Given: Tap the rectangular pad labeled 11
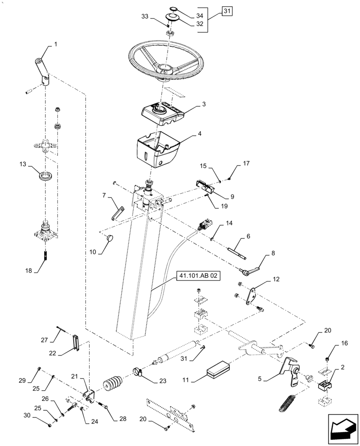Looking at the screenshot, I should pos(218,369).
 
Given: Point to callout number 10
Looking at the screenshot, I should pos(92,252).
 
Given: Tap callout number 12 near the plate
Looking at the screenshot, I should pos(276,280).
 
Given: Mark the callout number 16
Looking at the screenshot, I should pos(331,343).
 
